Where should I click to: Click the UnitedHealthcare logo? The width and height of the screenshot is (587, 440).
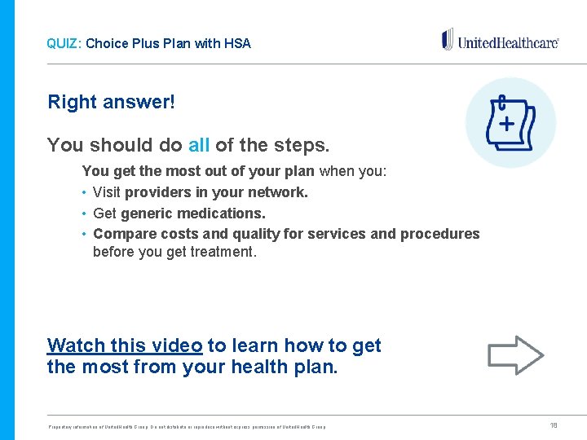tap(500, 41)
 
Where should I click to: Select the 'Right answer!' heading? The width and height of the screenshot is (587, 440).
tap(111, 103)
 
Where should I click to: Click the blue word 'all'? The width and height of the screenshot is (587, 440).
tap(199, 146)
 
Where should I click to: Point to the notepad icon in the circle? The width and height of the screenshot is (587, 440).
tap(510, 123)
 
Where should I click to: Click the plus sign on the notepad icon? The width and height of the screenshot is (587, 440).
tap(506, 124)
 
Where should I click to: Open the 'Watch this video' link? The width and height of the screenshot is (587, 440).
tap(125, 345)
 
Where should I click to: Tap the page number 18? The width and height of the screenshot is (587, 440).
tap(554, 425)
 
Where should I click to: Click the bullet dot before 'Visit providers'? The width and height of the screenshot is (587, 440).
tap(85, 193)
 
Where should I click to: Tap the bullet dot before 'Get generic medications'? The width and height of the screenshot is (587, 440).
tap(85, 213)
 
